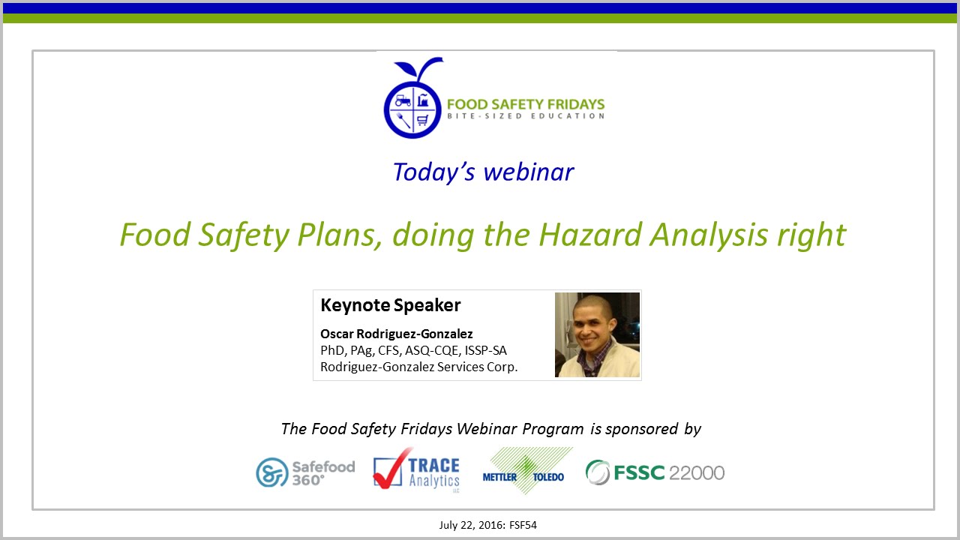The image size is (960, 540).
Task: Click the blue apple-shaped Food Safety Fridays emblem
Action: coord(412,106)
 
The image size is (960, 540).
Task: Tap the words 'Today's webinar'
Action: coord(483,172)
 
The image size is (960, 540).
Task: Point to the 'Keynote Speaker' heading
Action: coord(390,305)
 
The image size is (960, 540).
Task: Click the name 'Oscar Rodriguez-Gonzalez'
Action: coord(396,334)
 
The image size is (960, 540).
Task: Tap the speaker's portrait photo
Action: coord(597,334)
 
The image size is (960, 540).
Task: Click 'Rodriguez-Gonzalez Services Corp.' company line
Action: coord(418,367)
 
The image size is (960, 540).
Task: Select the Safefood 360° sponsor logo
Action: coord(304,472)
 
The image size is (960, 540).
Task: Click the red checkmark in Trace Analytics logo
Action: coord(391,469)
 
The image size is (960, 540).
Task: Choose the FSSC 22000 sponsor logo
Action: coord(655,472)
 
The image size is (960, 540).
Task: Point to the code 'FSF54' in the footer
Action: coord(522,525)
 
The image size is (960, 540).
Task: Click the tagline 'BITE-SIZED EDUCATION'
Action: coord(525,116)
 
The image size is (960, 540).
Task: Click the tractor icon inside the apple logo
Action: coord(402,99)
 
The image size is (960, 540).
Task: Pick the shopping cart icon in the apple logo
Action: coord(423,119)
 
